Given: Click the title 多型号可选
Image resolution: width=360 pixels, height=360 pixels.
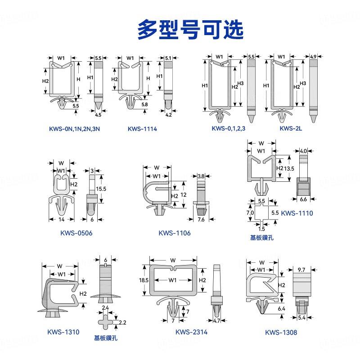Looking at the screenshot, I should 190,28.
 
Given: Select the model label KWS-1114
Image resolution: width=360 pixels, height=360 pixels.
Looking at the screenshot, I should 142,129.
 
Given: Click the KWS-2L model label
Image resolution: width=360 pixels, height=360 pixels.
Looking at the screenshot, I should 291,129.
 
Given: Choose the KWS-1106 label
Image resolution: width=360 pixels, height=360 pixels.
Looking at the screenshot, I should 174,233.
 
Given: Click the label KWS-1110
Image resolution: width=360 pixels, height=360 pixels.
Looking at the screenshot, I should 297,213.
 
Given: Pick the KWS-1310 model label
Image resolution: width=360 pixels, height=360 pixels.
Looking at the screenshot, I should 63,332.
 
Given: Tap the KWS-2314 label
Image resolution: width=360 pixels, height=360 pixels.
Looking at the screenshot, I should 191,332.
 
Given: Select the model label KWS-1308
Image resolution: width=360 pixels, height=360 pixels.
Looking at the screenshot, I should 281,333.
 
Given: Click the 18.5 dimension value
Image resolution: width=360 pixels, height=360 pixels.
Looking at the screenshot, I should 144,280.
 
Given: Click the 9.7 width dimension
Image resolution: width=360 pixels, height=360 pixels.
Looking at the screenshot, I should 301,270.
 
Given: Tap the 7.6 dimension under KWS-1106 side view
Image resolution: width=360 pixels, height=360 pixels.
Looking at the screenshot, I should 201,220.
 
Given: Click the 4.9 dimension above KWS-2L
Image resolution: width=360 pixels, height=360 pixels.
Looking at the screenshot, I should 313,57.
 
